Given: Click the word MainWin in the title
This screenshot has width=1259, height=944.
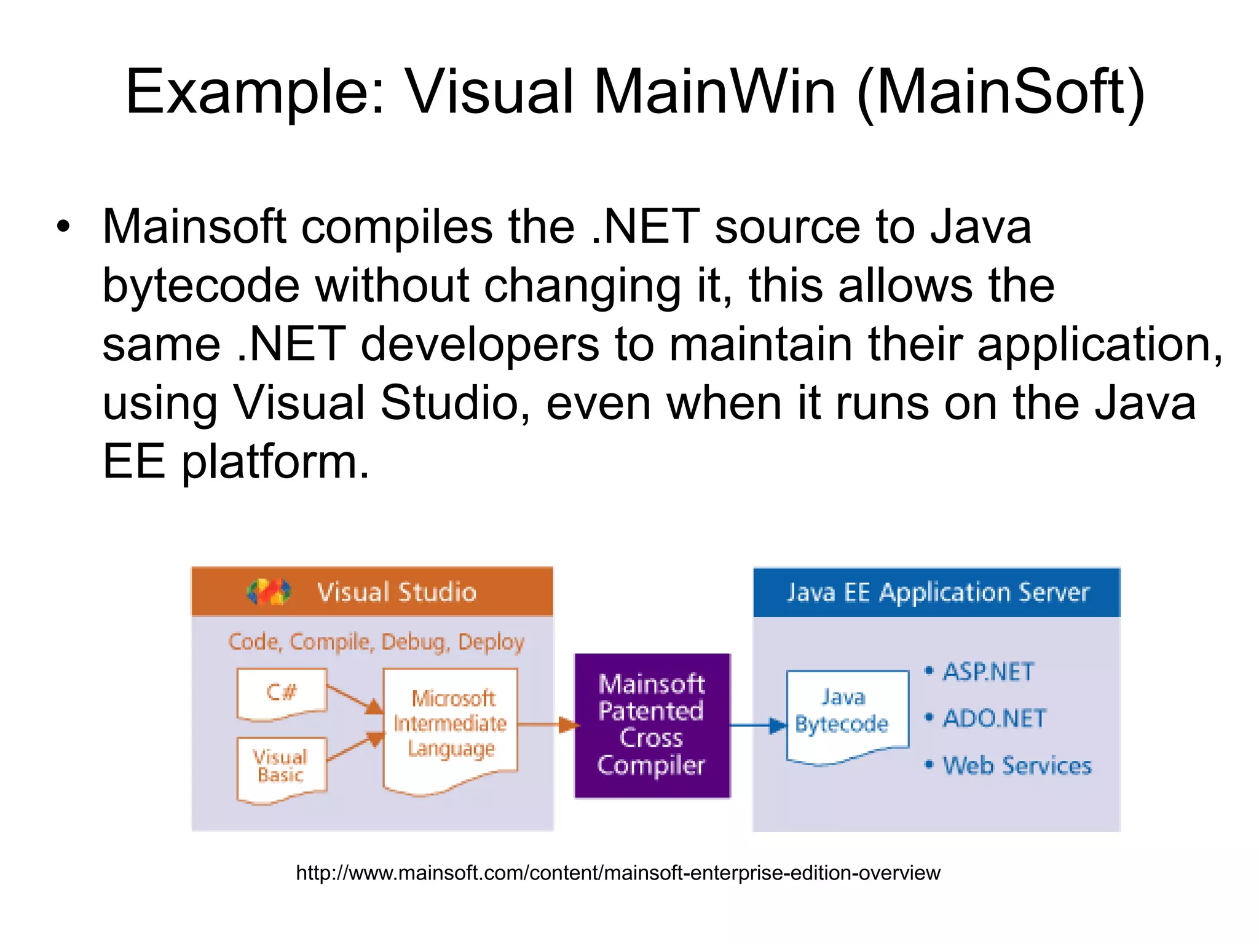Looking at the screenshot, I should click(x=714, y=92).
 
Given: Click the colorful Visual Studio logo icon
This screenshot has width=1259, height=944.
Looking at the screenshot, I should click(x=269, y=592).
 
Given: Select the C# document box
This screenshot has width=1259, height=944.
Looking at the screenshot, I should click(x=282, y=693).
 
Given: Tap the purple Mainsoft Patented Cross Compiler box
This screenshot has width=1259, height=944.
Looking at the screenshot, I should click(x=652, y=725).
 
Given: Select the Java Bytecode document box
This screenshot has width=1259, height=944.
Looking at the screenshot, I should click(x=846, y=713).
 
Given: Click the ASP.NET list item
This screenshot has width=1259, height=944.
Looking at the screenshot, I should click(x=988, y=672).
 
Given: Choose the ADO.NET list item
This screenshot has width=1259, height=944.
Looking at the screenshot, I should click(x=993, y=718).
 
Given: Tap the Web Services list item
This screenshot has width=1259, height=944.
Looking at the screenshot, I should click(x=1016, y=766).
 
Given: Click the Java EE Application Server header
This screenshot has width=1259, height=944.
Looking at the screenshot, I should click(x=937, y=592).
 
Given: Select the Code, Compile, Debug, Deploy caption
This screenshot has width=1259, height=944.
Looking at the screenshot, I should click(x=376, y=642).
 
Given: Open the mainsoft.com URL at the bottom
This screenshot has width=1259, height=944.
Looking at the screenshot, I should click(x=618, y=873).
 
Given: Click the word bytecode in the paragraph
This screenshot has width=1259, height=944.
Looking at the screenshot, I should click(x=201, y=286).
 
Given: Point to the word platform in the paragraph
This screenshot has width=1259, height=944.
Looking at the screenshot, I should click(x=275, y=462).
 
